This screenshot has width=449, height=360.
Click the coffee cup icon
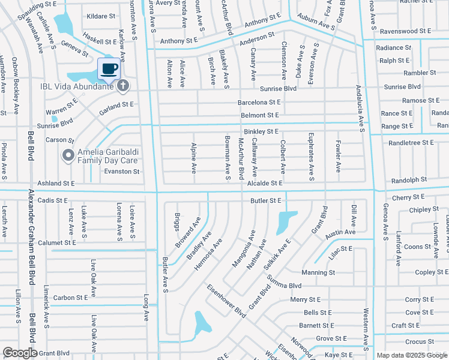(109, 69)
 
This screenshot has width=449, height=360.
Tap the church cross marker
(123, 86)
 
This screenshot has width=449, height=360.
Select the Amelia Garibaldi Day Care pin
(68, 156)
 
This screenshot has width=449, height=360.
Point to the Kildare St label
(100, 16)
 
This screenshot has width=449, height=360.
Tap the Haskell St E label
(100, 42)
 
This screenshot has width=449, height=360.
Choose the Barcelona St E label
(259, 103)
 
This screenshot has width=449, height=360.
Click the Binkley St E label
(261, 131)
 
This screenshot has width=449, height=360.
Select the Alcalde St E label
(264, 183)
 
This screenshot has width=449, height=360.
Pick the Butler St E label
(266, 200)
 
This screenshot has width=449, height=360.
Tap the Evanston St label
(122, 172)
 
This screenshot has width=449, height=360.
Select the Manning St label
(318, 272)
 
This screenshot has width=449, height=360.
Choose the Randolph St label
(409, 180)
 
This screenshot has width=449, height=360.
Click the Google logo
(20, 353)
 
